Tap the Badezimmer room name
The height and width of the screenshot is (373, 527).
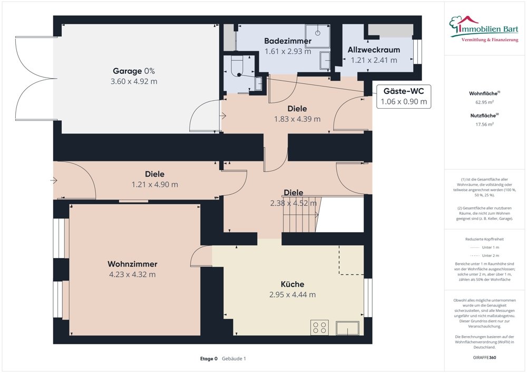pyautogui.click(x=287, y=41)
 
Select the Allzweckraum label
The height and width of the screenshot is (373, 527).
pyautogui.click(x=374, y=50)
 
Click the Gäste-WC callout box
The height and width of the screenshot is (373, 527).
pyautogui.click(x=403, y=96)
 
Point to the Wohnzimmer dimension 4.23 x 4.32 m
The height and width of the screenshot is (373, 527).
pyautogui.click(x=132, y=274)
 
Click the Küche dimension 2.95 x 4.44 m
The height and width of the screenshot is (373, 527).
pyautogui.click(x=292, y=294)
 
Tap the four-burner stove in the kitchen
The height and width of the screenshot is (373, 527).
pyautogui.click(x=319, y=327)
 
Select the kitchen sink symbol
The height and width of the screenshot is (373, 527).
pyautogui.click(x=348, y=327)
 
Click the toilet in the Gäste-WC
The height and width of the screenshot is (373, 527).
pyautogui.click(x=235, y=65)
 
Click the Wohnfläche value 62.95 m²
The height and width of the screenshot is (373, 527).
pyautogui.click(x=484, y=102)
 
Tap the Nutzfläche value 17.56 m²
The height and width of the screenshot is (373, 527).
pyautogui.click(x=484, y=125)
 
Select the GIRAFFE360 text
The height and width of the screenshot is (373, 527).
pyautogui.click(x=484, y=357)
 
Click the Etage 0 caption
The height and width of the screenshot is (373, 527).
pyautogui.click(x=209, y=359)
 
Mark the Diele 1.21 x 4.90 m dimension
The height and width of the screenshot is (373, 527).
pyautogui.click(x=154, y=185)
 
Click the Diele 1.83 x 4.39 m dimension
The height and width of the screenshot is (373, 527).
pyautogui.click(x=297, y=119)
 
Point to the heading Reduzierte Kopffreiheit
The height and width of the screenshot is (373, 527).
pyautogui.click(x=484, y=238)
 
